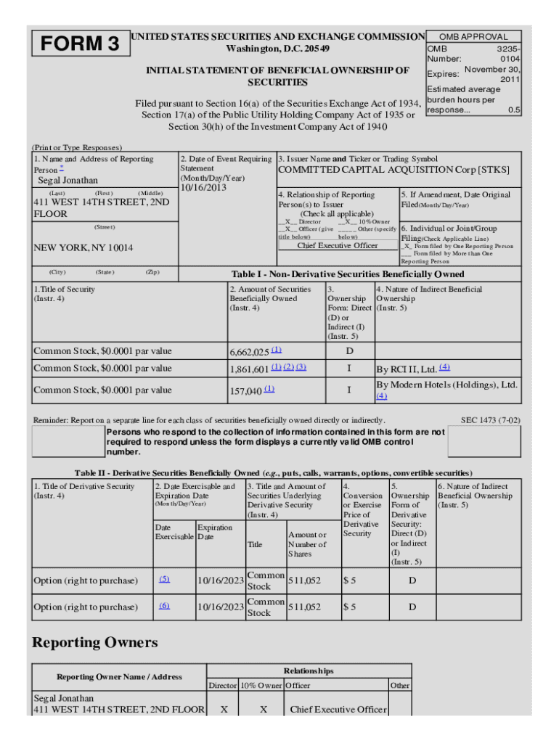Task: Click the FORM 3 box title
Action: coord(80,44)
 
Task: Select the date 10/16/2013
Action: coord(204,188)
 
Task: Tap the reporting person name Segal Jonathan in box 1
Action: coord(68,180)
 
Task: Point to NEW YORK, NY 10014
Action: coord(83,247)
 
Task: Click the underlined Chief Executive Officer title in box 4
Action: coord(338,245)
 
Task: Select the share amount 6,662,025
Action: coord(250,352)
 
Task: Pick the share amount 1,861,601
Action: coord(250,369)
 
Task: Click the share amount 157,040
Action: coord(245,391)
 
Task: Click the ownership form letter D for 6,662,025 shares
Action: coord(349,352)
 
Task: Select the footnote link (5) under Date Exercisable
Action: coord(164,579)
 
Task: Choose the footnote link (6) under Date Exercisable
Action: coord(164,605)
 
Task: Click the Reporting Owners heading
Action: coord(95,643)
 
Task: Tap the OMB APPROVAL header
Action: coord(475,36)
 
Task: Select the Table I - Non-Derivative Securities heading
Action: coord(348,274)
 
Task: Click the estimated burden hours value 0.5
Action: coord(513,110)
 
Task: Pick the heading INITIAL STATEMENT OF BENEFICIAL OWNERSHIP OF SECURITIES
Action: coord(278,76)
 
